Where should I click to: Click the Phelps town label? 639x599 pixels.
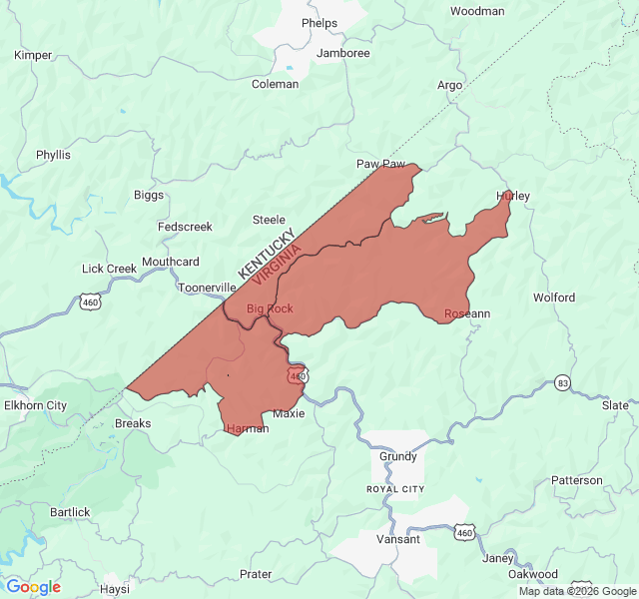click(319, 23)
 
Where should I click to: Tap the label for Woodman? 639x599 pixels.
click(477, 11)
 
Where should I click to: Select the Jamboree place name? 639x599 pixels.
click(342, 53)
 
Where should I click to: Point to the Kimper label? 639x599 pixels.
click(33, 55)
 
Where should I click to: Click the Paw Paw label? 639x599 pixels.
click(381, 163)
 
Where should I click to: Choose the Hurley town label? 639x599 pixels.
click(513, 196)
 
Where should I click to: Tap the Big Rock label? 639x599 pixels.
click(270, 308)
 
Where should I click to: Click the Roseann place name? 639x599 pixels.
click(467, 313)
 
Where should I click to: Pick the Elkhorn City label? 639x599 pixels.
click(35, 405)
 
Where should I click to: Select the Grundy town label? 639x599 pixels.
click(398, 456)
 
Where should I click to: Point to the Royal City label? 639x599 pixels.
click(395, 489)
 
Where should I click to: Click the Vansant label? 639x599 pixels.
click(398, 539)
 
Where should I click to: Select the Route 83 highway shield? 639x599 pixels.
click(563, 382)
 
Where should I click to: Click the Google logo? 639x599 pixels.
click(33, 587)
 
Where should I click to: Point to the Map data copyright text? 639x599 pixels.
click(576, 591)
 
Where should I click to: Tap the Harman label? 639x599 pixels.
click(248, 428)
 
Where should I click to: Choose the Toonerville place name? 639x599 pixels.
click(207, 287)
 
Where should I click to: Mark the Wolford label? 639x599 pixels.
click(554, 298)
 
